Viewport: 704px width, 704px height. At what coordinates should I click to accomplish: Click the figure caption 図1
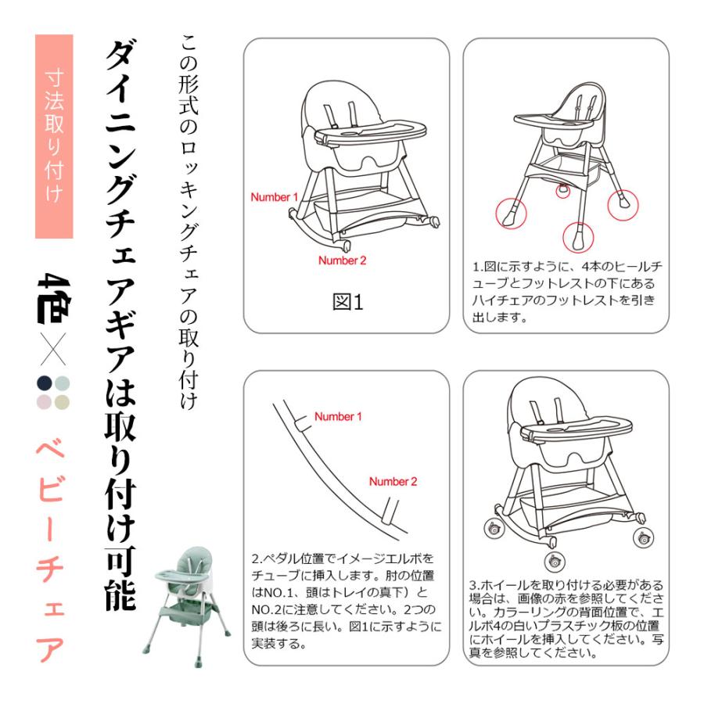point(347,302)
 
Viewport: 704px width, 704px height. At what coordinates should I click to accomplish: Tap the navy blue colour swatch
point(44,383)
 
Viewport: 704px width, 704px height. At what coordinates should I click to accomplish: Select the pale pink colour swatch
point(44,402)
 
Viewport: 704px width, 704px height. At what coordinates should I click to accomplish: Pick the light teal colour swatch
point(63,383)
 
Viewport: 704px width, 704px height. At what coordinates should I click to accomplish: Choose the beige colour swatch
point(63,402)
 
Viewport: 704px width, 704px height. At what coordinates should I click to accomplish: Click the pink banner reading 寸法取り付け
point(54,136)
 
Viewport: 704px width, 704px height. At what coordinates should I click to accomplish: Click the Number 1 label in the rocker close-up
point(338,417)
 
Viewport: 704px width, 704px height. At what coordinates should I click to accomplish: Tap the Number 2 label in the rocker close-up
point(393,482)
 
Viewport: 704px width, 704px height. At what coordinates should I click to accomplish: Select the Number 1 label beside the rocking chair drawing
point(274,197)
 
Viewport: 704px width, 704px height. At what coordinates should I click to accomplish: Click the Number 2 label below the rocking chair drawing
point(342,260)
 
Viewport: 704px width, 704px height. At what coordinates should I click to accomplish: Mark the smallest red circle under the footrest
point(562,191)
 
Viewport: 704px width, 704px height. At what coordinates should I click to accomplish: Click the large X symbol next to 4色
point(53,349)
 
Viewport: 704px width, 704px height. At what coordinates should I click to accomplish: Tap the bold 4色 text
point(54,300)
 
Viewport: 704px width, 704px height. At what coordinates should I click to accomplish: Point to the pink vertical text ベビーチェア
point(51,550)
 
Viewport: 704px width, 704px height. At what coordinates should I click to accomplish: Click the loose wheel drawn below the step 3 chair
point(555,561)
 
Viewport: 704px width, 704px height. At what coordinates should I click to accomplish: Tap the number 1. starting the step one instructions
point(477,267)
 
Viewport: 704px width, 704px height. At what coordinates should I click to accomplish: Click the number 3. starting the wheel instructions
point(475,585)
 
